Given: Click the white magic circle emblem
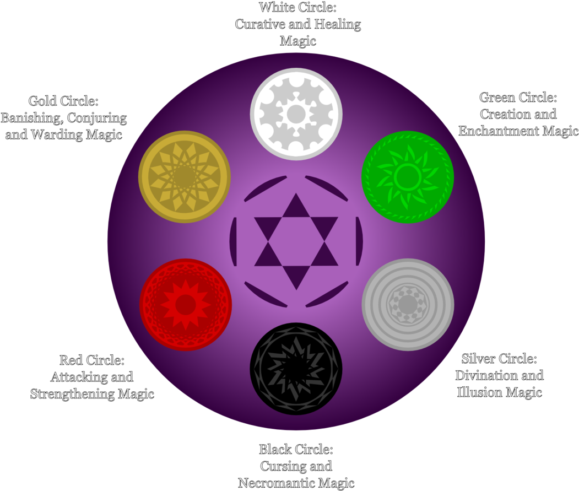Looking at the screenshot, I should pyautogui.click(x=296, y=115).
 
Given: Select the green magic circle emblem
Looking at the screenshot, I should pyautogui.click(x=408, y=177).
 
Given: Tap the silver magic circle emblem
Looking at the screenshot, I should pyautogui.click(x=408, y=304).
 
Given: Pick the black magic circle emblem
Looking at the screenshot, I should pyautogui.click(x=296, y=368).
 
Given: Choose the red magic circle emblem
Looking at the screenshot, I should pyautogui.click(x=186, y=304).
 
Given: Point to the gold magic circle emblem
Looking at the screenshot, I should pyautogui.click(x=184, y=177).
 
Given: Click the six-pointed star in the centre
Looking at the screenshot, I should pyautogui.click(x=296, y=241).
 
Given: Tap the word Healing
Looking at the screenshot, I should pyautogui.click(x=338, y=24).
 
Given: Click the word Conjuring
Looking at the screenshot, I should pyautogui.click(x=99, y=118).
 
